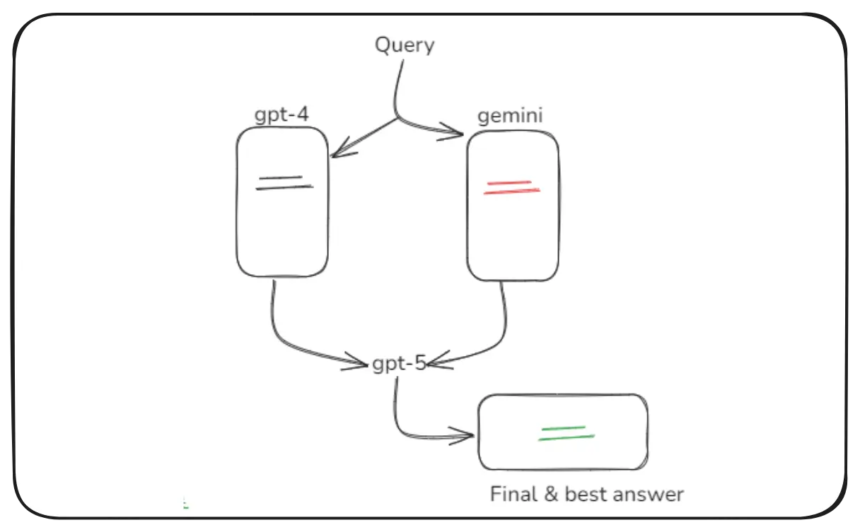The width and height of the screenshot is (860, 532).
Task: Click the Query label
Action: (404, 45)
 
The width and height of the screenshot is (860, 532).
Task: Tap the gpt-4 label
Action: (281, 114)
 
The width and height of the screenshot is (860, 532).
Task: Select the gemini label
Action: (510, 115)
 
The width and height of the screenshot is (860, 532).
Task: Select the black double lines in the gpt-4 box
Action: (284, 183)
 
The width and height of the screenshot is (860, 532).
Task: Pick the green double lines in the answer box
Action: (566, 433)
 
